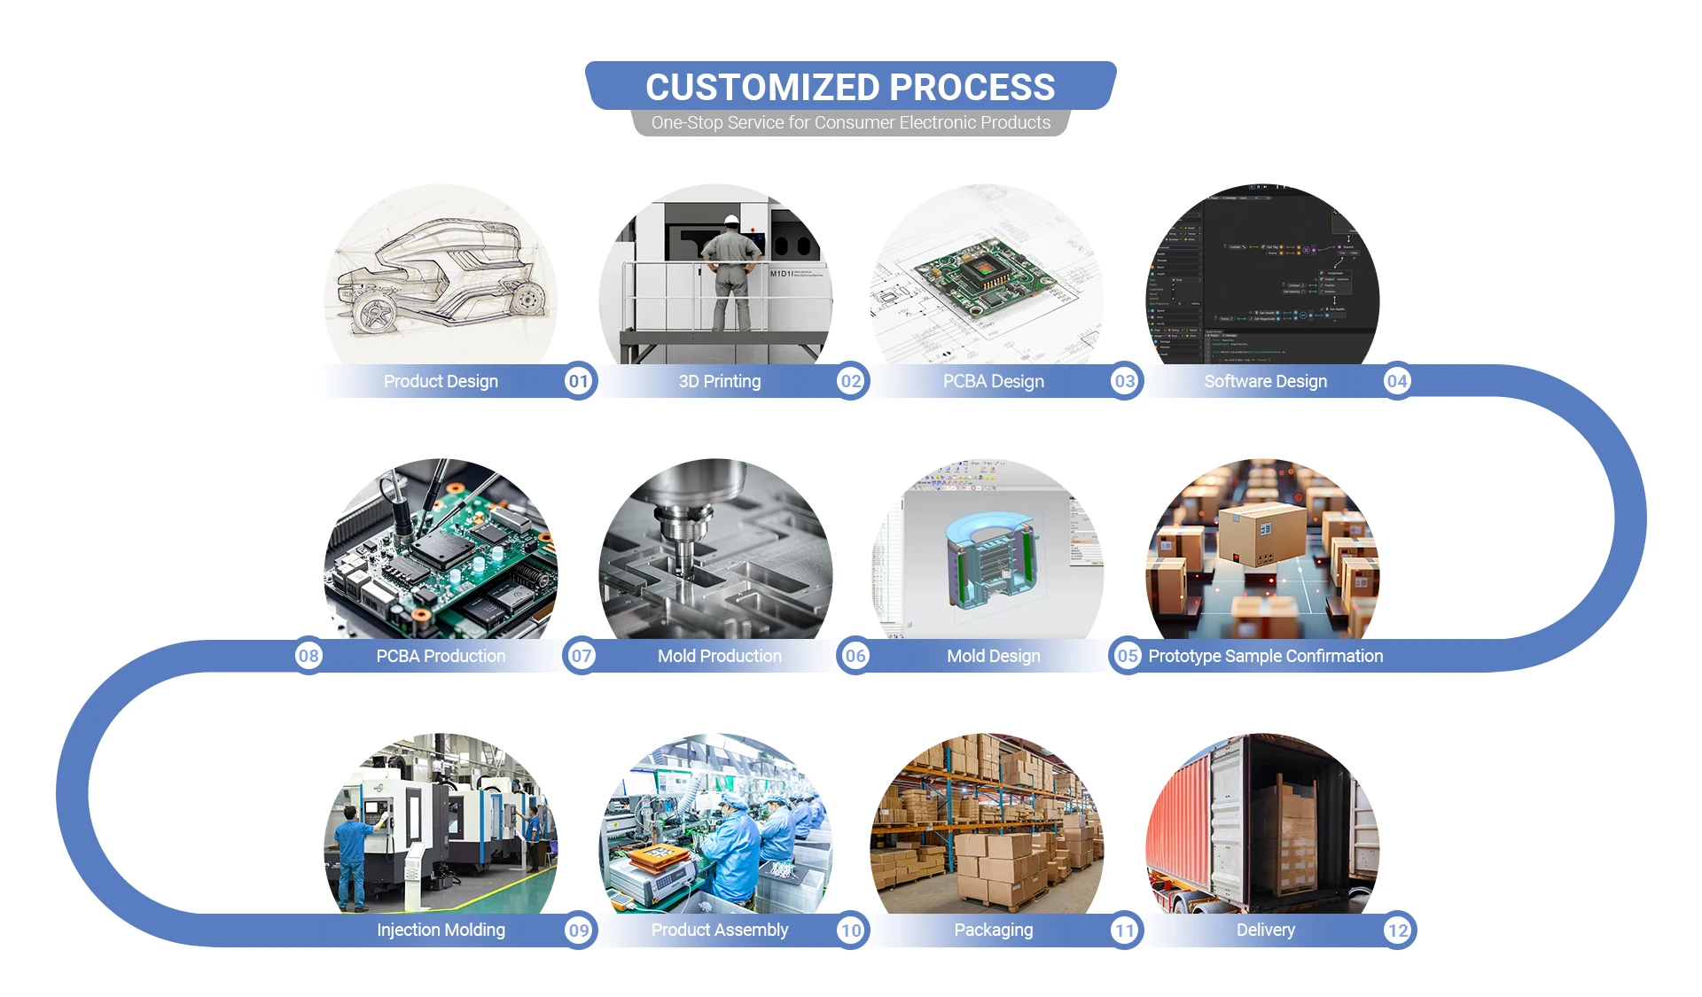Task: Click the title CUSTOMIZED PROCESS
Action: pyautogui.click(x=850, y=87)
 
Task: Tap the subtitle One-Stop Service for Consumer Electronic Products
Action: pyautogui.click(x=850, y=123)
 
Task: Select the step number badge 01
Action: pyautogui.click(x=579, y=381)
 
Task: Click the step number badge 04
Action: pyautogui.click(x=1397, y=381)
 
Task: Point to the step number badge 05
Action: pyautogui.click(x=1127, y=656)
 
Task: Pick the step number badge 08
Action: pyautogui.click(x=308, y=656)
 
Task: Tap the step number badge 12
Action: pyautogui.click(x=1398, y=931)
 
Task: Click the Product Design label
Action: pyautogui.click(x=441, y=381)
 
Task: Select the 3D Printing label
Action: pyautogui.click(x=719, y=381)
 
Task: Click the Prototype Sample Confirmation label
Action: pyautogui.click(x=1265, y=656)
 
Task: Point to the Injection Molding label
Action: pyautogui.click(x=441, y=931)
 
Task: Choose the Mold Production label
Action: pyautogui.click(x=719, y=656)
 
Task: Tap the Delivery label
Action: pyautogui.click(x=1265, y=931)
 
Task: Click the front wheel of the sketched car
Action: pyautogui.click(x=376, y=313)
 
